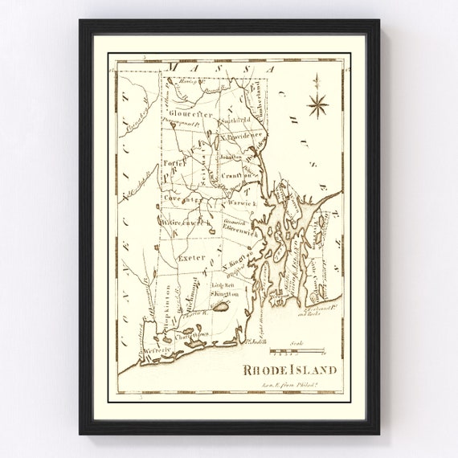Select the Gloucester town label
click(x=190, y=114)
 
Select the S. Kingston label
click(x=225, y=295)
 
